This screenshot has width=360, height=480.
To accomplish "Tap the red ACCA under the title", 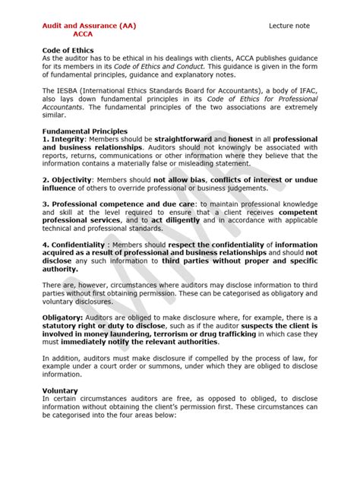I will [x=84, y=34].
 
